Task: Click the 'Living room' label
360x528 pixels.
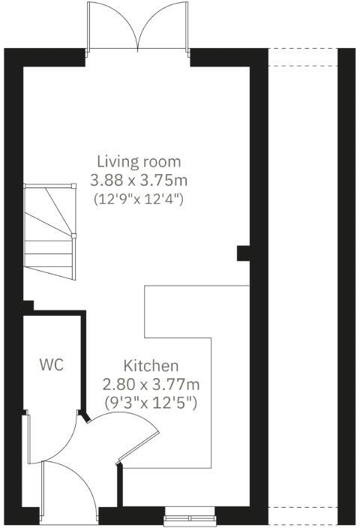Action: (139, 161)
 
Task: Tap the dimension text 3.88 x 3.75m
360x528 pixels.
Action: (139, 181)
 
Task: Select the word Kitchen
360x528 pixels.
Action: (151, 366)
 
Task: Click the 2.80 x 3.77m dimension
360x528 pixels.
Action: (151, 385)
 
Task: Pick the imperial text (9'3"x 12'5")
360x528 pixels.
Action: (151, 403)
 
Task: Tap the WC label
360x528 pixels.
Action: (51, 365)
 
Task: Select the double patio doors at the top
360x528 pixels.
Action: (136, 26)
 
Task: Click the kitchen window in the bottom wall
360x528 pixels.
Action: (190, 515)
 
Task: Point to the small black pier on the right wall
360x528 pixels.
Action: (244, 253)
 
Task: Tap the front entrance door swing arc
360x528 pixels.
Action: (75, 476)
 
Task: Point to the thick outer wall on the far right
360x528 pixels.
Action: (346, 285)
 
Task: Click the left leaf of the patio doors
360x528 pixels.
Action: (112, 26)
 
